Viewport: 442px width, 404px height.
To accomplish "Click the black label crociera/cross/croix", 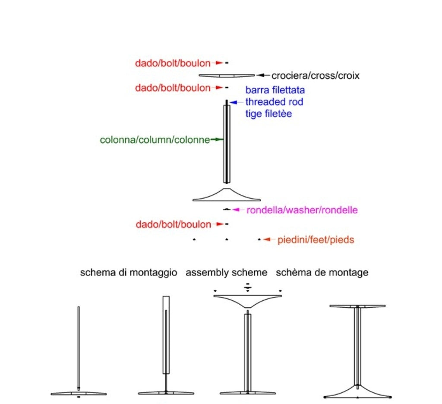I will [x=315, y=76].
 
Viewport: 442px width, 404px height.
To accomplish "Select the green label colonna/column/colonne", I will [x=155, y=140].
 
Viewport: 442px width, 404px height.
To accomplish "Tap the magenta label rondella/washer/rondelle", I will [x=302, y=211].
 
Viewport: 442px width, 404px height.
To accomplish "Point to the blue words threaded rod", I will [x=274, y=102].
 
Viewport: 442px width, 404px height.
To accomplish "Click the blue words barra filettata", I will [x=275, y=91].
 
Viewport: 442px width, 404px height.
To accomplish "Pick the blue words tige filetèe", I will [x=268, y=114].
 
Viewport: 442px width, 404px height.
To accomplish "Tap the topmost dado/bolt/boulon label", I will [x=173, y=63].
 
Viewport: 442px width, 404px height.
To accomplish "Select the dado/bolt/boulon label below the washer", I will [x=173, y=225].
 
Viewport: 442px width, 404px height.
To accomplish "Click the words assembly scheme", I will [x=226, y=273].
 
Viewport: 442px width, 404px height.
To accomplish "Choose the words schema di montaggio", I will [x=129, y=273].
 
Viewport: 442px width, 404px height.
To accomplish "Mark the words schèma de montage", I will [x=322, y=273].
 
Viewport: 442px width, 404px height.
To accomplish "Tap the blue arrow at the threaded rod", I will [x=235, y=102].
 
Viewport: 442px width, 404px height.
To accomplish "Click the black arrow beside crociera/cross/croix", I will [x=263, y=76].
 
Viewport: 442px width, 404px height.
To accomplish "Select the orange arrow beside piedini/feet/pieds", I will [x=269, y=240].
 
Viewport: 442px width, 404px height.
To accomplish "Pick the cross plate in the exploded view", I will [x=226, y=76].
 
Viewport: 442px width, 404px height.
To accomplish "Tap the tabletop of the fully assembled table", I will [x=357, y=306].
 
